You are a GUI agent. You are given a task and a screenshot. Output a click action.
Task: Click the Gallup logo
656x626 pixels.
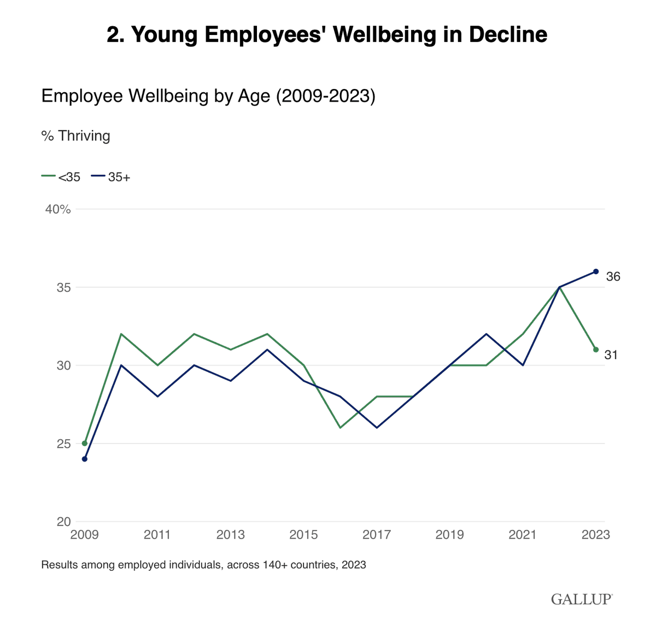tap(582, 599)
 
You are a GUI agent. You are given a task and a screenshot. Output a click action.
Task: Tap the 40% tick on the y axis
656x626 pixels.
tap(58, 209)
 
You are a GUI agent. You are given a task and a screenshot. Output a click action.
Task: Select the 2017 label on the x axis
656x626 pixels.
tap(377, 534)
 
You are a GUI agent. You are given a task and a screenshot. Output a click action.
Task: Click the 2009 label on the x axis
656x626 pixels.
tap(85, 534)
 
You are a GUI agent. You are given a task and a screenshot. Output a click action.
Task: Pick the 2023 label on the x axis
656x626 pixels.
tap(595, 534)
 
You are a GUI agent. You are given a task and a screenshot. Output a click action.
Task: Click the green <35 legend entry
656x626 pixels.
tap(61, 177)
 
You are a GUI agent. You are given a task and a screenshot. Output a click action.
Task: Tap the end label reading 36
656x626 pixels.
tap(613, 277)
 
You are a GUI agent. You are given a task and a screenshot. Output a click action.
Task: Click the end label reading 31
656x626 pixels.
tap(611, 355)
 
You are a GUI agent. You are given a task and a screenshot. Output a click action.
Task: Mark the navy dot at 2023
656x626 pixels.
tap(596, 271)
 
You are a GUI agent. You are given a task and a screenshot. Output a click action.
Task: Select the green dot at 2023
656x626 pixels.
tap(596, 350)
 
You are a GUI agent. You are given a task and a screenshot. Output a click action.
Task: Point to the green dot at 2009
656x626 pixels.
tap(85, 443)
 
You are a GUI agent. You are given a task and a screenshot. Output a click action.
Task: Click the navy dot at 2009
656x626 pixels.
tap(85, 459)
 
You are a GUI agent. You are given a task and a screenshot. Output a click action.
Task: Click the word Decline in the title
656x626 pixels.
tap(508, 34)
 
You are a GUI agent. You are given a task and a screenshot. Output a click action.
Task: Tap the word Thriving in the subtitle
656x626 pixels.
tap(84, 135)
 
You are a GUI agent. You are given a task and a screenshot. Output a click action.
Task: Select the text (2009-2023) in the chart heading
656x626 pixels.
tap(325, 96)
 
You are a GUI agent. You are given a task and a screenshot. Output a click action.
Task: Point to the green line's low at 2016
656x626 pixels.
tap(340, 427)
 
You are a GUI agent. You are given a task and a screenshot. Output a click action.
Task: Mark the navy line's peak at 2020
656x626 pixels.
tap(486, 334)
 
